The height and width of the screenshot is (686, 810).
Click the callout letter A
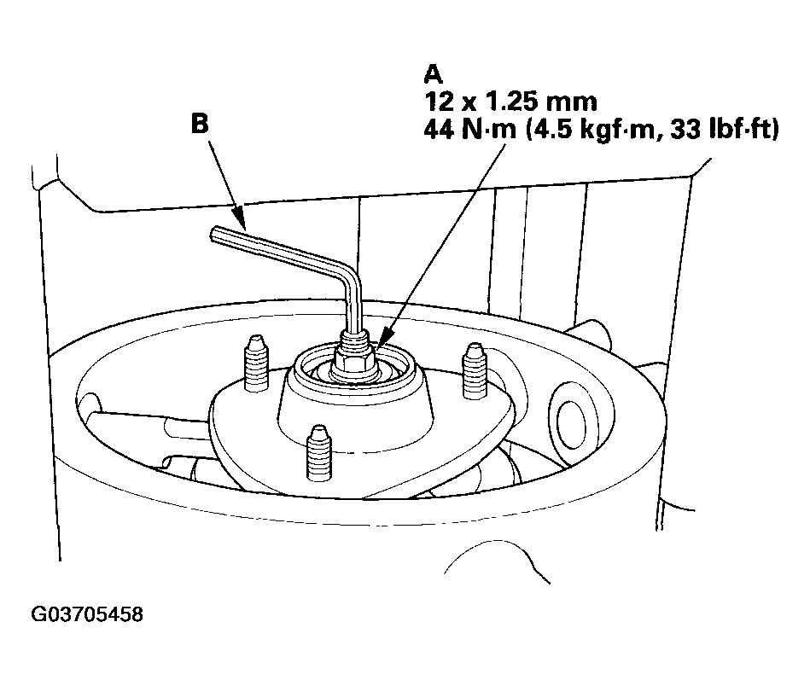(x=433, y=74)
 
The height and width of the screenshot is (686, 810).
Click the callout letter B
(x=200, y=124)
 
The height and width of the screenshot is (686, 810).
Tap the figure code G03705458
(x=87, y=614)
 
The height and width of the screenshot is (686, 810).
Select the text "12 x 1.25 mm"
(x=510, y=102)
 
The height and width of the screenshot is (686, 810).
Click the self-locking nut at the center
(x=354, y=358)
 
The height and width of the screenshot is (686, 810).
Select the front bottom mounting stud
(x=319, y=453)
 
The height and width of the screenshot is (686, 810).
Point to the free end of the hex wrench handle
(x=214, y=235)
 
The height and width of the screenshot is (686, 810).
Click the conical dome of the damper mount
(x=354, y=413)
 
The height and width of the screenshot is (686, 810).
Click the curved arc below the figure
(x=496, y=558)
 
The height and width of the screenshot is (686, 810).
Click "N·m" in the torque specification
(x=489, y=130)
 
